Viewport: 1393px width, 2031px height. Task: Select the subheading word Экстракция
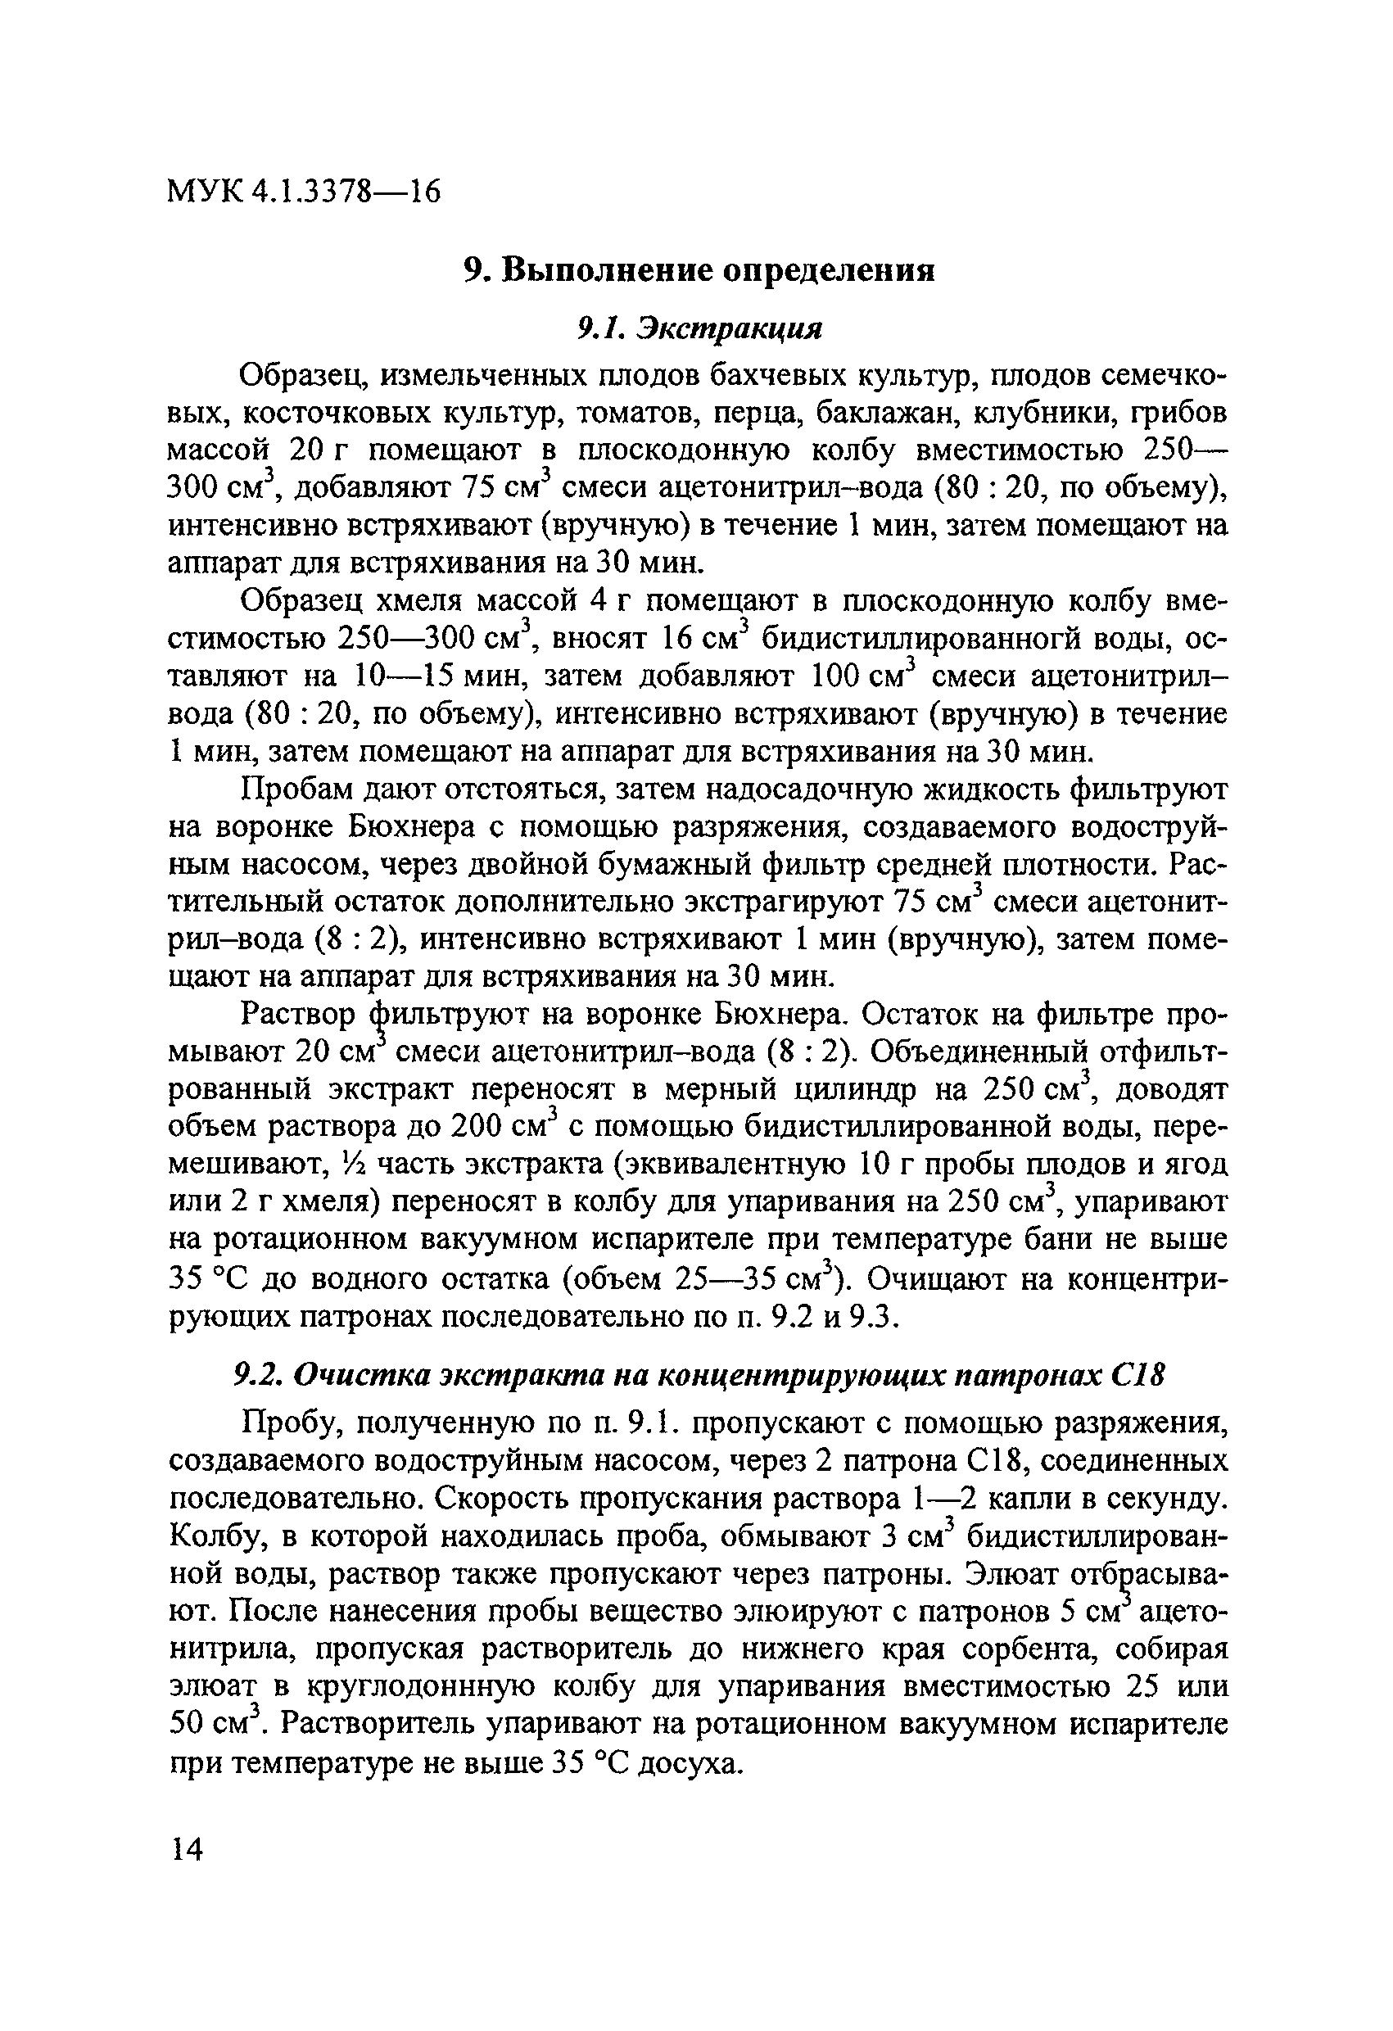[x=729, y=328]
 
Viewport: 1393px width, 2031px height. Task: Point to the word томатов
[x=638, y=414]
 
